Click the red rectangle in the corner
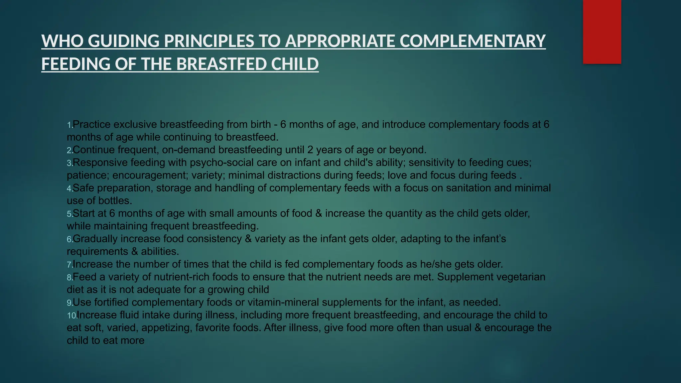[602, 32]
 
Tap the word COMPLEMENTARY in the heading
[473, 41]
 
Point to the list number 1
[69, 125]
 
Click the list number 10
[71, 316]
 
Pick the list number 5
[69, 214]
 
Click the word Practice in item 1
[91, 125]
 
